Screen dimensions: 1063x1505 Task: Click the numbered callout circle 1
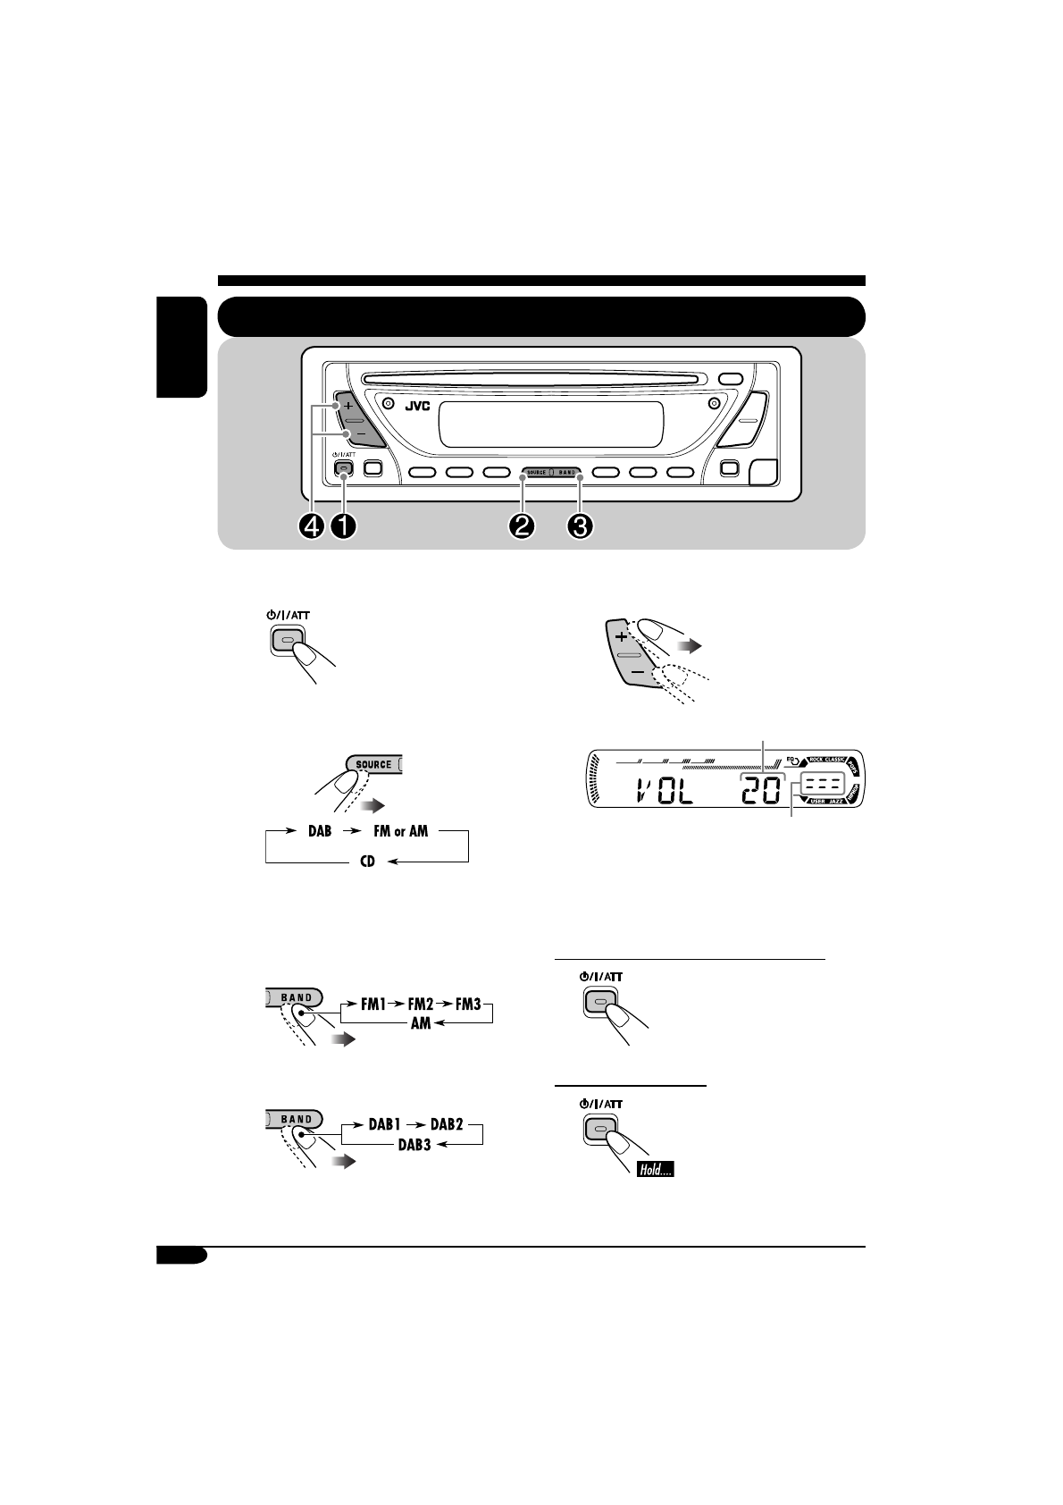coord(342,527)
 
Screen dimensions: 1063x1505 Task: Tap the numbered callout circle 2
coord(522,527)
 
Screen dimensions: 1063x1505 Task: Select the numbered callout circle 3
coord(581,527)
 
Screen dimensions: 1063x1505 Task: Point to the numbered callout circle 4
coord(312,527)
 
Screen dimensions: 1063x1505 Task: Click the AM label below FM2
coord(421,1024)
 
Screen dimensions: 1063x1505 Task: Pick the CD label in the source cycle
coord(367,863)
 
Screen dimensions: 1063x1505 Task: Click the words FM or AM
coord(399,831)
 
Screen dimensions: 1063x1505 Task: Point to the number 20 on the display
coord(760,790)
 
